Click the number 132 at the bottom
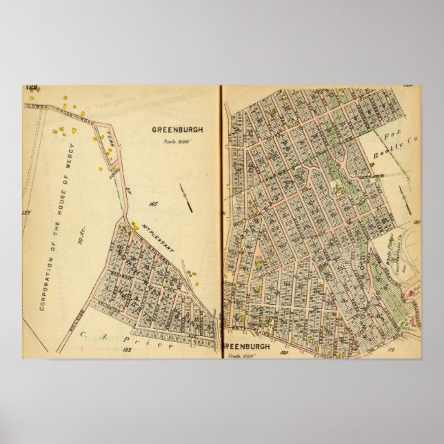(x=126, y=350)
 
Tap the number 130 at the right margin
(x=416, y=222)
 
